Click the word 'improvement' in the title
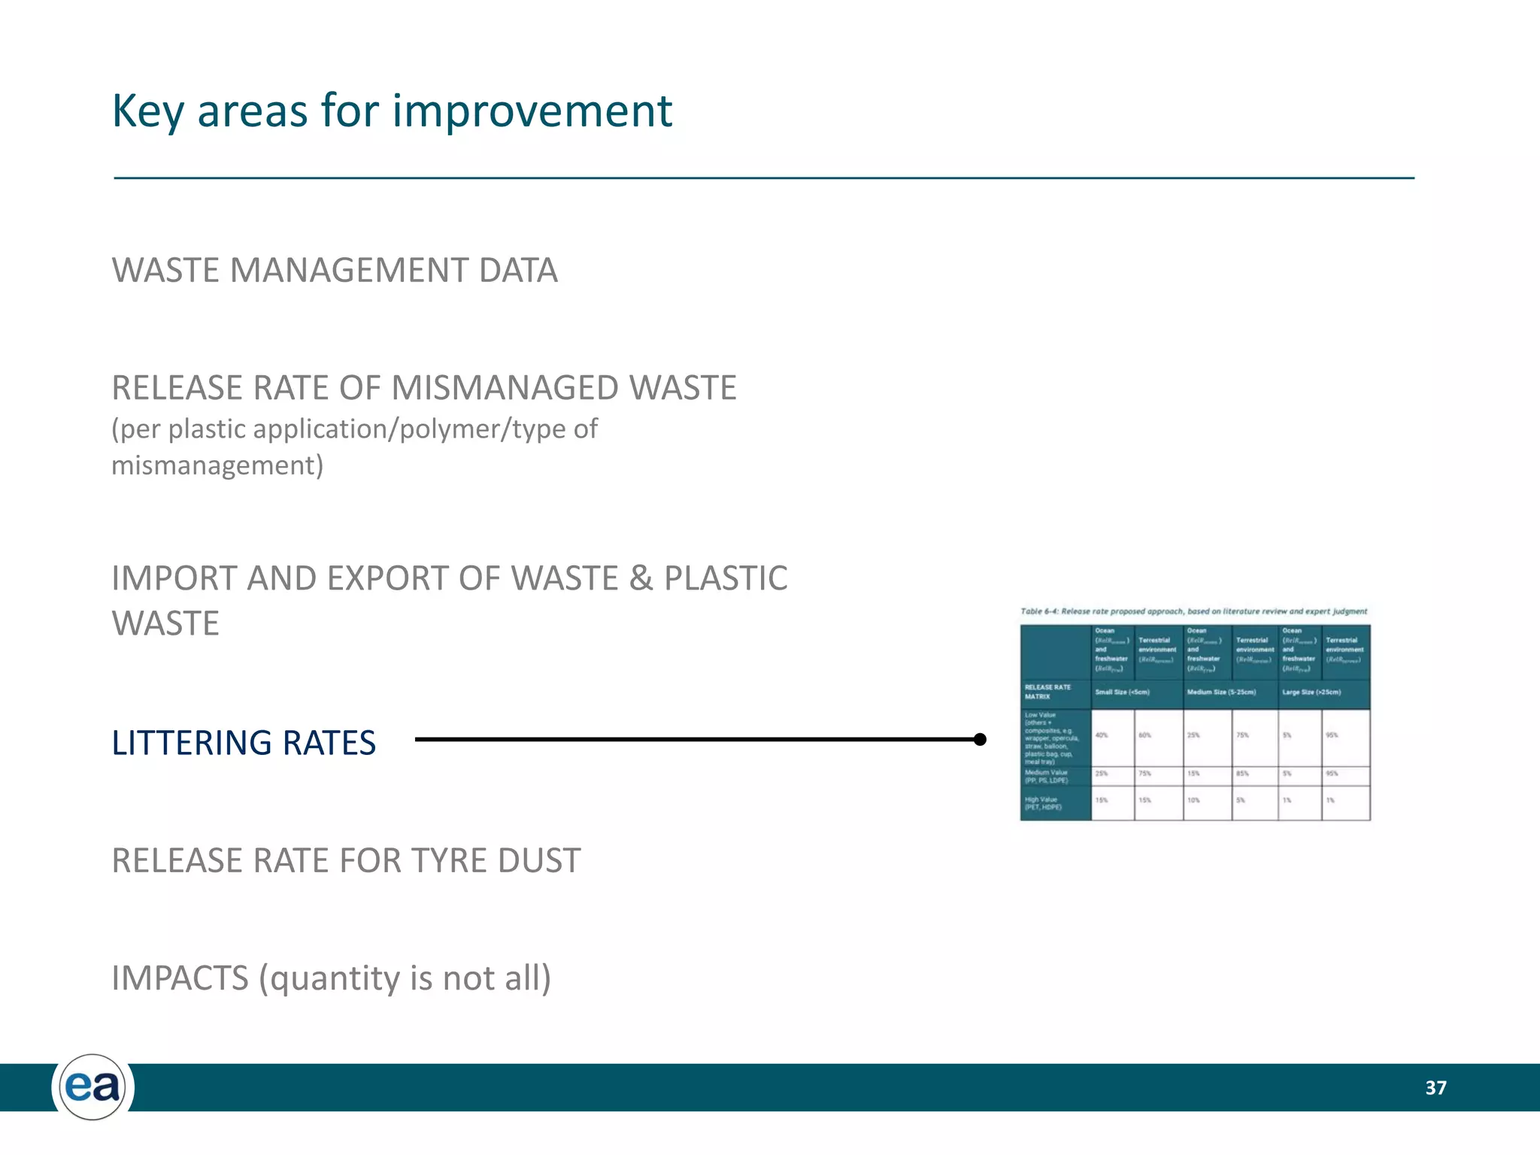(532, 111)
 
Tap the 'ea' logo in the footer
(92, 1087)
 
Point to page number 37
(1435, 1087)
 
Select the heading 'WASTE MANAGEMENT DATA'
(335, 271)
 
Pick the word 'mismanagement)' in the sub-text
(217, 465)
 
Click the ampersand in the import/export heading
(641, 578)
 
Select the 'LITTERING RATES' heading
(244, 743)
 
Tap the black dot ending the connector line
(980, 739)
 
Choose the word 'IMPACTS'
(180, 978)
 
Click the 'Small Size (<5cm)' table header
(1122, 692)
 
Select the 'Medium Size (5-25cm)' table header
(1221, 692)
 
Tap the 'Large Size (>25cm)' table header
(1311, 692)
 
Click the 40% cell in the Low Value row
(1102, 735)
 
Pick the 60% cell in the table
(1144, 735)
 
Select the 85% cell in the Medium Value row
(1242, 773)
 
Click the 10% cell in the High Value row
(1193, 800)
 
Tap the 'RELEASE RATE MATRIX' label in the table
(1047, 692)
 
